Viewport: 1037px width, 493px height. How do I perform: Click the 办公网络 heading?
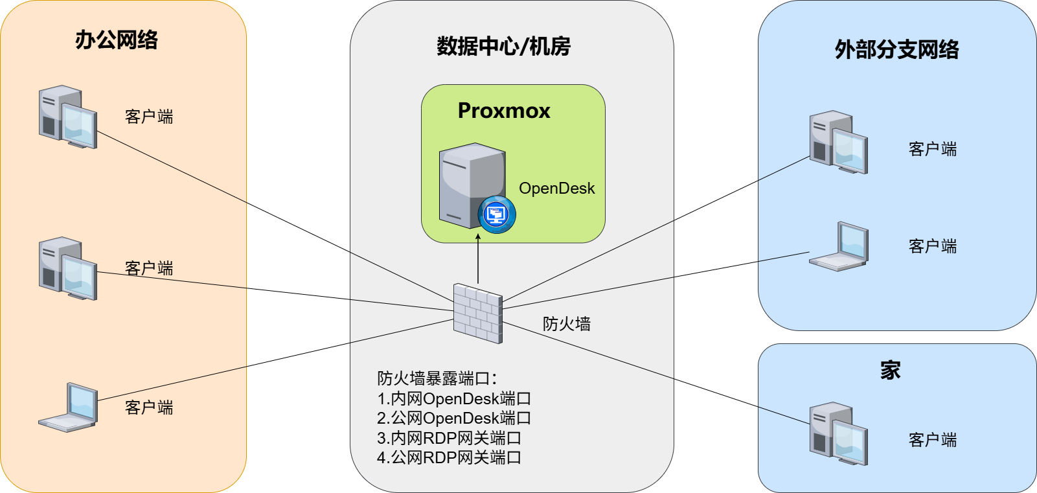coord(116,40)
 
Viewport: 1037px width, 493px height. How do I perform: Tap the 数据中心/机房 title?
coord(504,46)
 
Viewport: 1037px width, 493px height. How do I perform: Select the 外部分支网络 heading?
coord(896,49)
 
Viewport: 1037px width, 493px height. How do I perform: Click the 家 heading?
coord(890,371)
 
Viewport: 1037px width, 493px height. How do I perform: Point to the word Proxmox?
coord(504,111)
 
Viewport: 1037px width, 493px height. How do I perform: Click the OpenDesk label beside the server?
coord(556,189)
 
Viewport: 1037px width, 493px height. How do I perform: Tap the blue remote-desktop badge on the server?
coord(497,214)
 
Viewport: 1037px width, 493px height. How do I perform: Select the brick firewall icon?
coord(478,314)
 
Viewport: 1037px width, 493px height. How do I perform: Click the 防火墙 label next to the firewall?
coord(567,323)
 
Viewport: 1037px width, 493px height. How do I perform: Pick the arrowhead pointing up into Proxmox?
coord(478,237)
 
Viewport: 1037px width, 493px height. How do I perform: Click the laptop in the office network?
coord(68,407)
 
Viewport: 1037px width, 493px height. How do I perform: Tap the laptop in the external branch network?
coord(838,246)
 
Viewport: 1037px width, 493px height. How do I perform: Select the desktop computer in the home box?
coord(838,433)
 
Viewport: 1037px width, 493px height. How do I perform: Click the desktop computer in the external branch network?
coord(838,142)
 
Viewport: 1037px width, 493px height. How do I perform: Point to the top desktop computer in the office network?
coord(68,117)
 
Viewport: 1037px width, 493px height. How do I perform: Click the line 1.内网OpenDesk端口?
coord(453,398)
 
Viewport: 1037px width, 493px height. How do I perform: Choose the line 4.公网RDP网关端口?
coord(449,457)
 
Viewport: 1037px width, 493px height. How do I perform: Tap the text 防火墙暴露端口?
coord(437,378)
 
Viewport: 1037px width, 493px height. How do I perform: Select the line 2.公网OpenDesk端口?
coord(453,418)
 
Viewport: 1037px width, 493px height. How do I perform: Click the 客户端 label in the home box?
coord(932,440)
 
